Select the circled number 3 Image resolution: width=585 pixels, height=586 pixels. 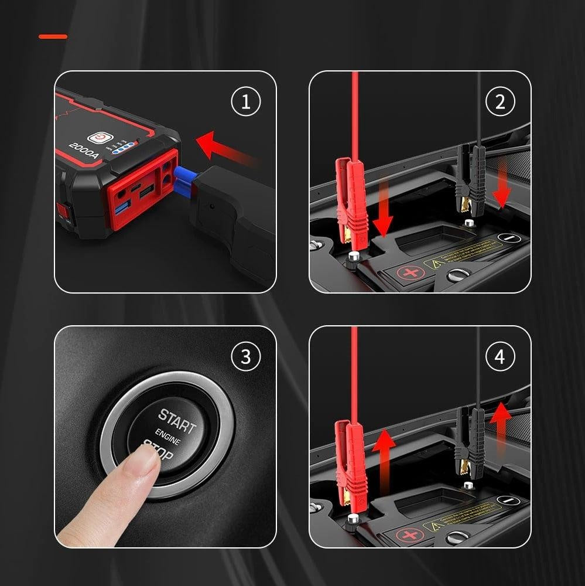(245, 357)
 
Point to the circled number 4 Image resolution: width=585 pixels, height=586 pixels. (500, 357)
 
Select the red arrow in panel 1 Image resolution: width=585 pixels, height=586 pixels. (225, 150)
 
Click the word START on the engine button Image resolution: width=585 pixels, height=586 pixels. (176, 422)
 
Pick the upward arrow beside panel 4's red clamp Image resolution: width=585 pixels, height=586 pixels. (383, 451)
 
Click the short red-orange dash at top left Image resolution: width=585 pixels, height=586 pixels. (53, 36)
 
